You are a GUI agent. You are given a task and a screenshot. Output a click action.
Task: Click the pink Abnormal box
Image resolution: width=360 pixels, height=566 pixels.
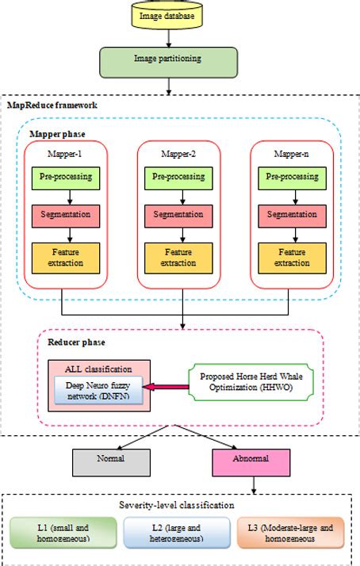click(251, 458)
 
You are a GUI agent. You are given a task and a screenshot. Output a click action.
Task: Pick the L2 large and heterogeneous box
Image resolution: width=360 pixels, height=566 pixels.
click(179, 533)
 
